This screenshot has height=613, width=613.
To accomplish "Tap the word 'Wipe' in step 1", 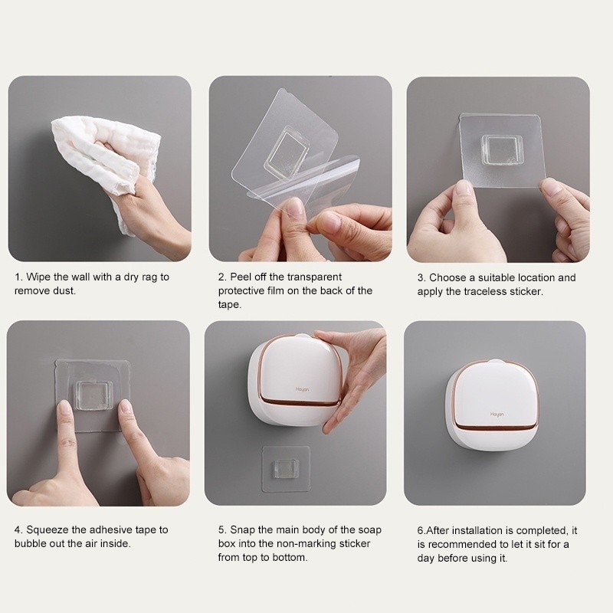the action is [x=38, y=277].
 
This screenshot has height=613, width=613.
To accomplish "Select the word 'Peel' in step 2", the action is [x=241, y=277].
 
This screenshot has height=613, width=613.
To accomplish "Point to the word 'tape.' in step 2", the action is [x=229, y=305].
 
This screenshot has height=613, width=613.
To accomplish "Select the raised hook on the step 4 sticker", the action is [x=93, y=395].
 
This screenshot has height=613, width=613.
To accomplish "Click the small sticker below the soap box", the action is [x=286, y=468].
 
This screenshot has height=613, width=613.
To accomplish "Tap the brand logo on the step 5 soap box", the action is [x=302, y=389].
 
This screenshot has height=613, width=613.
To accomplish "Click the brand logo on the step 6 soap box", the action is [x=497, y=415].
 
